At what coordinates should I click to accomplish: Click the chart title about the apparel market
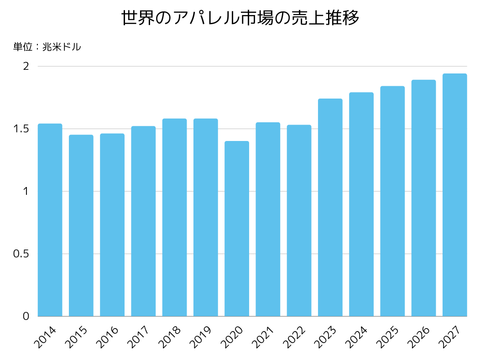(240, 18)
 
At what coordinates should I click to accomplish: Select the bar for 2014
(50, 220)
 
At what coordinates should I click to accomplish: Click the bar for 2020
(237, 229)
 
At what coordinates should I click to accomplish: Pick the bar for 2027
(454, 195)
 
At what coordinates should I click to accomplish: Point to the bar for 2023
(330, 208)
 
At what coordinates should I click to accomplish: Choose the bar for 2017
(143, 221)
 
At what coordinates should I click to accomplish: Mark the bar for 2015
(81, 225)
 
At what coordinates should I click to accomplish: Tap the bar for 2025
(392, 201)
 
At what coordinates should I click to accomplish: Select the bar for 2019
(205, 217)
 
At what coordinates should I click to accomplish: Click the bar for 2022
(299, 220)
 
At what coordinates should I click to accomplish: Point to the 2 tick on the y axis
(26, 66)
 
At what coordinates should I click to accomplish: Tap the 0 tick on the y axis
(26, 316)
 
